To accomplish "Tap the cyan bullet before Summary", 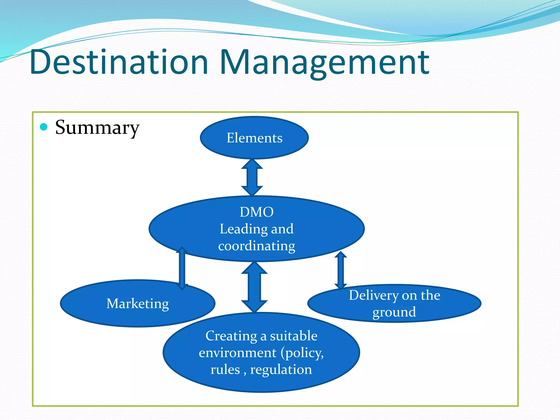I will pos(44,127).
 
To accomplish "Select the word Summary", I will pos(97,127).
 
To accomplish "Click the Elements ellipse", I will pos(254,138).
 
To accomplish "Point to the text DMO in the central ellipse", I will pos(256,212).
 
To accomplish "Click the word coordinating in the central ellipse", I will pos(256,246).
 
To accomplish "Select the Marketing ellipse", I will pos(138,304).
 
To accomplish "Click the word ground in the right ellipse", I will pos(394,312).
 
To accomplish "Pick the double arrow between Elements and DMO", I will pos(252,177).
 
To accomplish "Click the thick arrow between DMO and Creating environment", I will pos(254,287).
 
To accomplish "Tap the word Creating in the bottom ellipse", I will pos(231,336).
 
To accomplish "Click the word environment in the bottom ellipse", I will pos(238,353).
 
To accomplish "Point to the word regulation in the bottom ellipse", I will pos(281,370).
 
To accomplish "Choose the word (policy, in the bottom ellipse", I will pos(302,353).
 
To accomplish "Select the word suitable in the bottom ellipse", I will pos(293,336).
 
